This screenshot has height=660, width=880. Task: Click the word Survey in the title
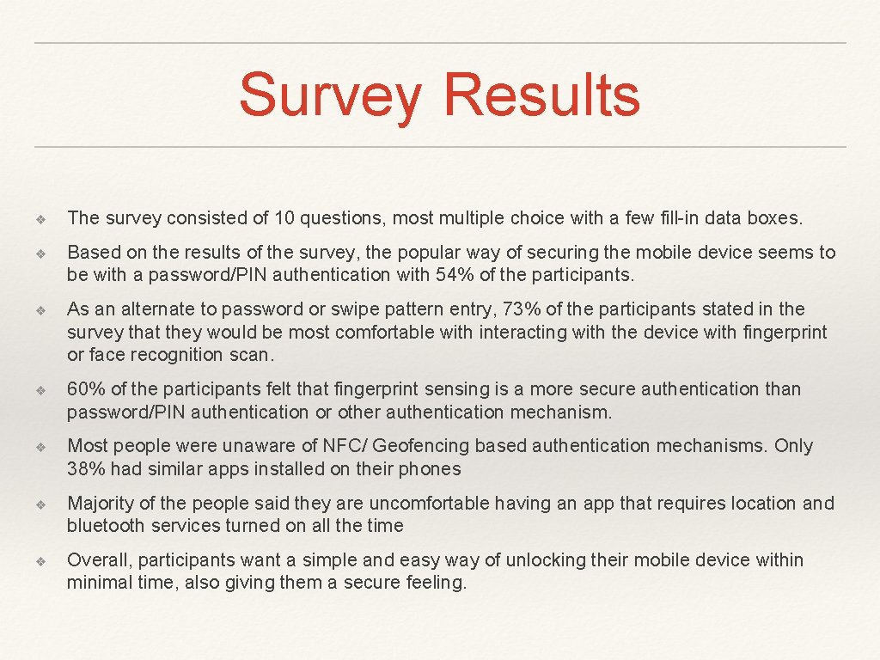(330, 96)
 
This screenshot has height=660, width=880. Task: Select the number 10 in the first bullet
(284, 218)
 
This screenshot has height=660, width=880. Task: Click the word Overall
(99, 560)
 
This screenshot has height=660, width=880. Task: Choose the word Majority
(101, 503)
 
